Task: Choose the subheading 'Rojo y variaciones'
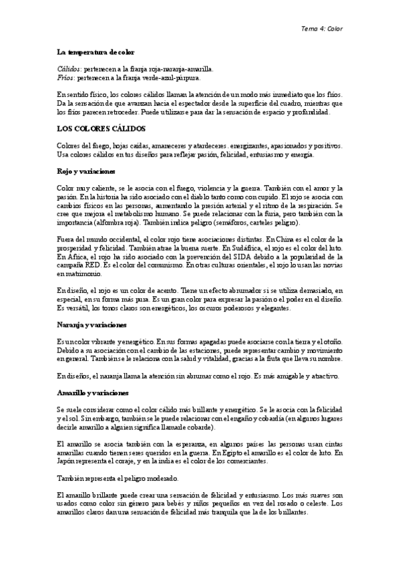tap(87, 171)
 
